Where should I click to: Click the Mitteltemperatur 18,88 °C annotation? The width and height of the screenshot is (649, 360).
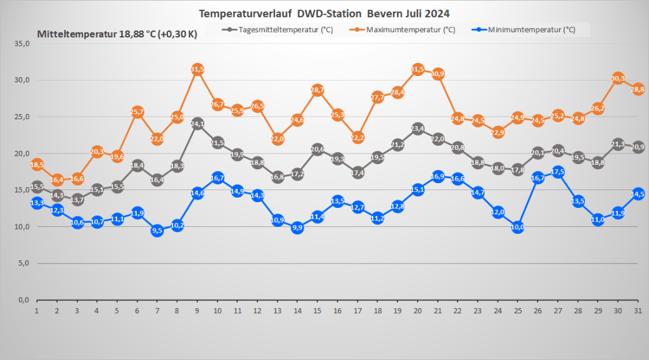[117, 34]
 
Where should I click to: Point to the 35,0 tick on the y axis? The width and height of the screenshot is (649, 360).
[22, 44]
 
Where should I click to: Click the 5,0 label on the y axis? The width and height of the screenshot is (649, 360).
[24, 263]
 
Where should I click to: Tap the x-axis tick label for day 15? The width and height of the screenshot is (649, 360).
[318, 311]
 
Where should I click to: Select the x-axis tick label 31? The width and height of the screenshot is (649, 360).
[638, 311]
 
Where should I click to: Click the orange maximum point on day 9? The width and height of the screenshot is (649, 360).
[197, 69]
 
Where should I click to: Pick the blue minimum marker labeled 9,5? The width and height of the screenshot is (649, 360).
[157, 231]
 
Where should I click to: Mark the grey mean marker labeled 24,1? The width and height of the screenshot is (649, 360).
[197, 124]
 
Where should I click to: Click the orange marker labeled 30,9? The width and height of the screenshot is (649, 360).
[437, 74]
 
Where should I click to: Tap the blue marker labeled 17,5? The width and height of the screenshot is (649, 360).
[558, 172]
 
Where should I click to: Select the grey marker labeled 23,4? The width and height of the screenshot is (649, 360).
[418, 129]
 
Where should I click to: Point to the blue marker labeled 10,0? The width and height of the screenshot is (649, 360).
[518, 227]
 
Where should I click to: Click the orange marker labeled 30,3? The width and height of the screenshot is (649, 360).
[618, 78]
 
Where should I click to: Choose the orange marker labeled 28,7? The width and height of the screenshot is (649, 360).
[318, 90]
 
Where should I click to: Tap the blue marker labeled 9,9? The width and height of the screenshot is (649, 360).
[297, 228]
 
